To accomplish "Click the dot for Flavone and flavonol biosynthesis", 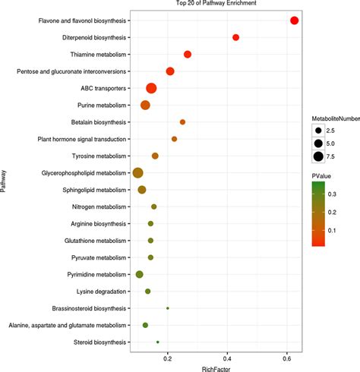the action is [294, 20].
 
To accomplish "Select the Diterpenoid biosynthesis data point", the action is [235, 37].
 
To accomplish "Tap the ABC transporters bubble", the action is [151, 88].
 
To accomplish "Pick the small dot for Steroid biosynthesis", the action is [158, 342].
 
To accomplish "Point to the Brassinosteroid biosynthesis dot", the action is [168, 308].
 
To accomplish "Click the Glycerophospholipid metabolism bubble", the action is [137, 173].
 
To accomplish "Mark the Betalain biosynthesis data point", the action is [182, 122].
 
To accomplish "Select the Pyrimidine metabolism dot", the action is [140, 274].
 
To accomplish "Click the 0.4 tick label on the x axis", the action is [227, 359].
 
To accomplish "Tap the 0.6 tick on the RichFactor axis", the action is [287, 359].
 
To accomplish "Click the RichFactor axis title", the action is [216, 369].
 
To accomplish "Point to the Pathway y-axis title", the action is [3, 181].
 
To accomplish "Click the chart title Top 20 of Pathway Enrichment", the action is [216, 3].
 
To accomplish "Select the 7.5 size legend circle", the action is [318, 156].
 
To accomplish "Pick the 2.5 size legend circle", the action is [318, 131].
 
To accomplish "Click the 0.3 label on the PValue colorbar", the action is [332, 194].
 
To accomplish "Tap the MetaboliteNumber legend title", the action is [336, 118].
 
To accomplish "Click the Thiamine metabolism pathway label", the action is [98, 55].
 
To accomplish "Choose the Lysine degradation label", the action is [101, 292].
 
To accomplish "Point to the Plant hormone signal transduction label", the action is [82, 139].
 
